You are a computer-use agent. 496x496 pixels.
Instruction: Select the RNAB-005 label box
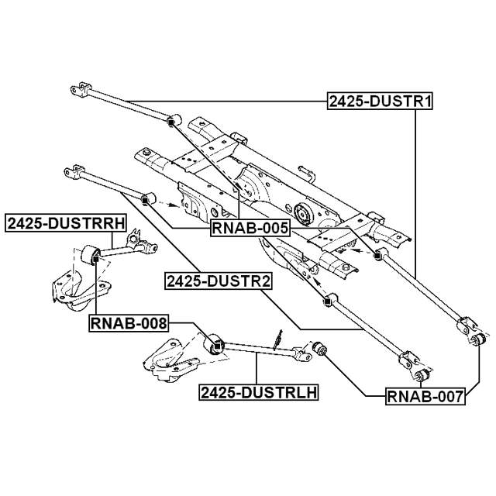(250, 228)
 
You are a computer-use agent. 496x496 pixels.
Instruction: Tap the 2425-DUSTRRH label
(66, 224)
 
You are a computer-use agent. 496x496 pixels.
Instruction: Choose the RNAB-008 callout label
(129, 323)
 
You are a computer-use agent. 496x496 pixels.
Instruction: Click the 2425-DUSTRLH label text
(258, 393)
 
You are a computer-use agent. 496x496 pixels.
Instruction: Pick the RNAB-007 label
(425, 398)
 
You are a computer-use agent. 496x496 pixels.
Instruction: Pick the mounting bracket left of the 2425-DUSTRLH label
(166, 364)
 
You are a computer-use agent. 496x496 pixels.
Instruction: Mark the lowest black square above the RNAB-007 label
(419, 377)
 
